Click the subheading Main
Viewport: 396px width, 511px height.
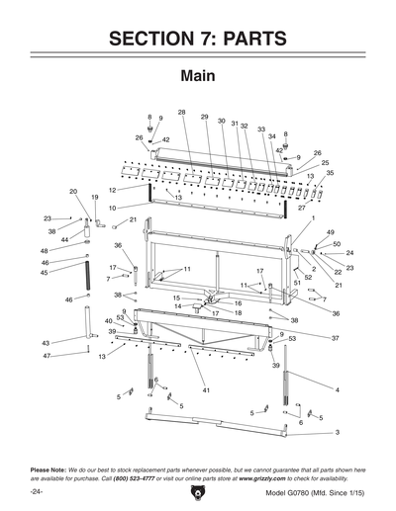(x=198, y=76)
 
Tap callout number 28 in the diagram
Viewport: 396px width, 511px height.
(x=182, y=112)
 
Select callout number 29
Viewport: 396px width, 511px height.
(x=204, y=117)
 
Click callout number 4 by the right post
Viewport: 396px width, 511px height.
(x=338, y=391)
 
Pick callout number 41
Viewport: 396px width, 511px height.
(x=207, y=391)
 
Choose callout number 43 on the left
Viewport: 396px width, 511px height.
(x=46, y=342)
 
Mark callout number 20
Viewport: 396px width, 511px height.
(x=73, y=191)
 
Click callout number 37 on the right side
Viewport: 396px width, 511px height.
(x=335, y=338)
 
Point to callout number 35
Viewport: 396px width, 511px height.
(x=330, y=172)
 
